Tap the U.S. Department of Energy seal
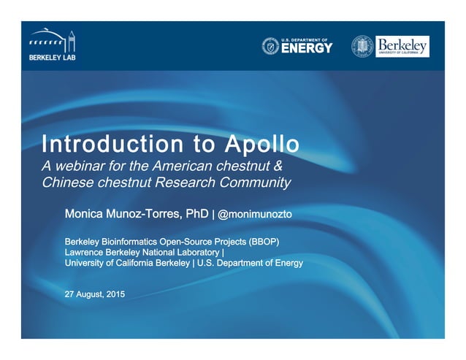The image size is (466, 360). pyautogui.click(x=270, y=46)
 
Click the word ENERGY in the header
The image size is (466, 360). pyautogui.click(x=307, y=49)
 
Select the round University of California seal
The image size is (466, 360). pyautogui.click(x=362, y=47)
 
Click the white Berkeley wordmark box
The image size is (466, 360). pyautogui.click(x=402, y=46)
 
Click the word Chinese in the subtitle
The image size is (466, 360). pyautogui.click(x=65, y=183)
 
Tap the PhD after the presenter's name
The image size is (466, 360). pyautogui.click(x=196, y=214)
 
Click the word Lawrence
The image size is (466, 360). pyautogui.click(x=87, y=252)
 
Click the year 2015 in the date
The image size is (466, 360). pyautogui.click(x=115, y=294)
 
